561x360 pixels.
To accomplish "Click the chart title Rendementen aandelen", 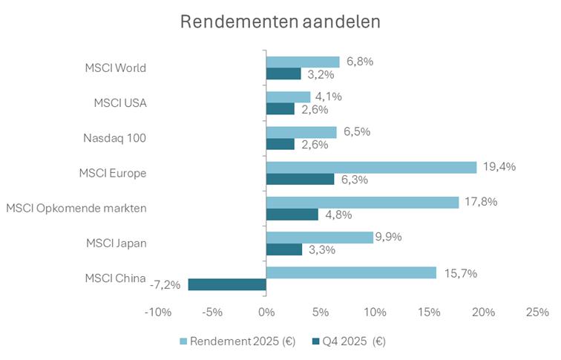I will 280,22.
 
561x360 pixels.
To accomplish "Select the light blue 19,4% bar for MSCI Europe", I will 371,168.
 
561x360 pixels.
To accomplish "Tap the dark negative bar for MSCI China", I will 227,284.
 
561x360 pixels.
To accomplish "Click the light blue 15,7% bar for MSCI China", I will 351,272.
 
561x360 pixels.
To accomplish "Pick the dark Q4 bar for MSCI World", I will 283,73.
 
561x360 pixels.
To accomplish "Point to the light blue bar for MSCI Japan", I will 319,238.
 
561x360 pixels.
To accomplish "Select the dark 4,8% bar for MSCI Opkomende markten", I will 292,215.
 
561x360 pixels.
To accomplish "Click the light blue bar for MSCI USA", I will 288,97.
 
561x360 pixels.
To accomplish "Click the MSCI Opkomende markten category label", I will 76,208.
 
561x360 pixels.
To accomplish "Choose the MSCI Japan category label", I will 116,243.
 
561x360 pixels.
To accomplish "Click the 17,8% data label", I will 479,202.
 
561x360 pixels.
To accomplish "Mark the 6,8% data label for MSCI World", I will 357,62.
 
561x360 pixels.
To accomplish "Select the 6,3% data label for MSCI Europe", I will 352,180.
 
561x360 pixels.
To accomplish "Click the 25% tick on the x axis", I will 537,312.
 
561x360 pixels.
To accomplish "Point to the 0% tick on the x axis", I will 266,312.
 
